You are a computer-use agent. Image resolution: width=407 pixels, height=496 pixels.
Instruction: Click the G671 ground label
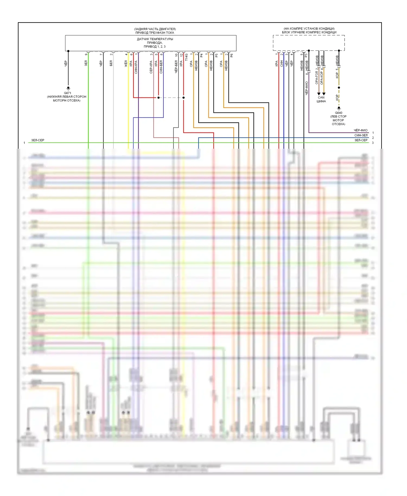68,93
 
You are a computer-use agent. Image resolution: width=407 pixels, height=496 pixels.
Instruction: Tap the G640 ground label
339,113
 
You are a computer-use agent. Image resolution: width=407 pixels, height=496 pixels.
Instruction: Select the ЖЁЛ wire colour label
126,64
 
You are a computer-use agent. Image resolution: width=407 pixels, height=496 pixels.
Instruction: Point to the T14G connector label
186,57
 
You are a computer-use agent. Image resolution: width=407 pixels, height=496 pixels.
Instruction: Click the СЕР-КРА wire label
151,67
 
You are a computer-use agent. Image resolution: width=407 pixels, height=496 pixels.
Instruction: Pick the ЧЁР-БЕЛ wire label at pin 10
176,67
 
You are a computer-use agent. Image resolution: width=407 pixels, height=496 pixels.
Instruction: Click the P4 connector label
201,55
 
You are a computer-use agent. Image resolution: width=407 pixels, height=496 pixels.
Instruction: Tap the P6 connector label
231,55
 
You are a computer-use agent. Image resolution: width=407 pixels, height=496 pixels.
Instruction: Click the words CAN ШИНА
321,99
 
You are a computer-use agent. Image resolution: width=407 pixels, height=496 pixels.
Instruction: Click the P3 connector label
306,55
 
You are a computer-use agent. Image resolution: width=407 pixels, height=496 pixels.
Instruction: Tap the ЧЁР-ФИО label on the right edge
361,130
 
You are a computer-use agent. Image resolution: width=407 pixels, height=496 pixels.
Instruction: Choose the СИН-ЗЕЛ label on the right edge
361,135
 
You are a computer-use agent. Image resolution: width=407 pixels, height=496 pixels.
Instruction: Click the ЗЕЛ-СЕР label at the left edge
38,140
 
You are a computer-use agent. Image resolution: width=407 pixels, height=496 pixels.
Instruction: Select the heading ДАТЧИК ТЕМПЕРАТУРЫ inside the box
155,39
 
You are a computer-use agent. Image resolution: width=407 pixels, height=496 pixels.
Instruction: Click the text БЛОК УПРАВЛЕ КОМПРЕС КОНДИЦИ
309,32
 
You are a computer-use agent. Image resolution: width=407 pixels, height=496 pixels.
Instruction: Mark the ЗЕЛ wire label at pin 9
86,63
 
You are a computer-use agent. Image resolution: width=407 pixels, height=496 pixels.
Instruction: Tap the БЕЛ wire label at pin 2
111,63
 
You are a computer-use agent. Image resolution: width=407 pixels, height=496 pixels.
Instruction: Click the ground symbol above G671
68,88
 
